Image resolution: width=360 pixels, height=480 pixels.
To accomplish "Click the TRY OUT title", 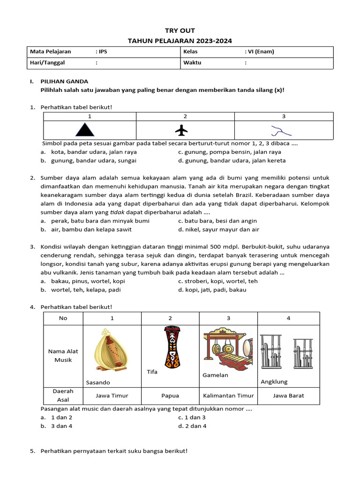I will [180, 31].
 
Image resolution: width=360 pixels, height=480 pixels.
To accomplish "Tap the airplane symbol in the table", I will [181, 130].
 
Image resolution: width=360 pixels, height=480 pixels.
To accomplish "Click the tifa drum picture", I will [170, 347].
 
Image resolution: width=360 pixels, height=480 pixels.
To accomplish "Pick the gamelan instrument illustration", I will [227, 350].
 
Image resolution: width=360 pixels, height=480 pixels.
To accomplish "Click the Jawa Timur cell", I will [112, 396].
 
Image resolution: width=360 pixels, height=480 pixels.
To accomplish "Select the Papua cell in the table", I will [170, 396].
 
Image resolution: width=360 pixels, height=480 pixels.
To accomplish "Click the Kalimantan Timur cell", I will [228, 396].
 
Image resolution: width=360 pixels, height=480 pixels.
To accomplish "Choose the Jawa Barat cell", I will [288, 396].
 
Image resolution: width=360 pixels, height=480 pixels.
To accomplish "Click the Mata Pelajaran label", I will [48, 52].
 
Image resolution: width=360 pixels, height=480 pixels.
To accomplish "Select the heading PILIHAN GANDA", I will [64, 82].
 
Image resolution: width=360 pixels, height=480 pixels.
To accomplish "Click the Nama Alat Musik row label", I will [63, 356].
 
